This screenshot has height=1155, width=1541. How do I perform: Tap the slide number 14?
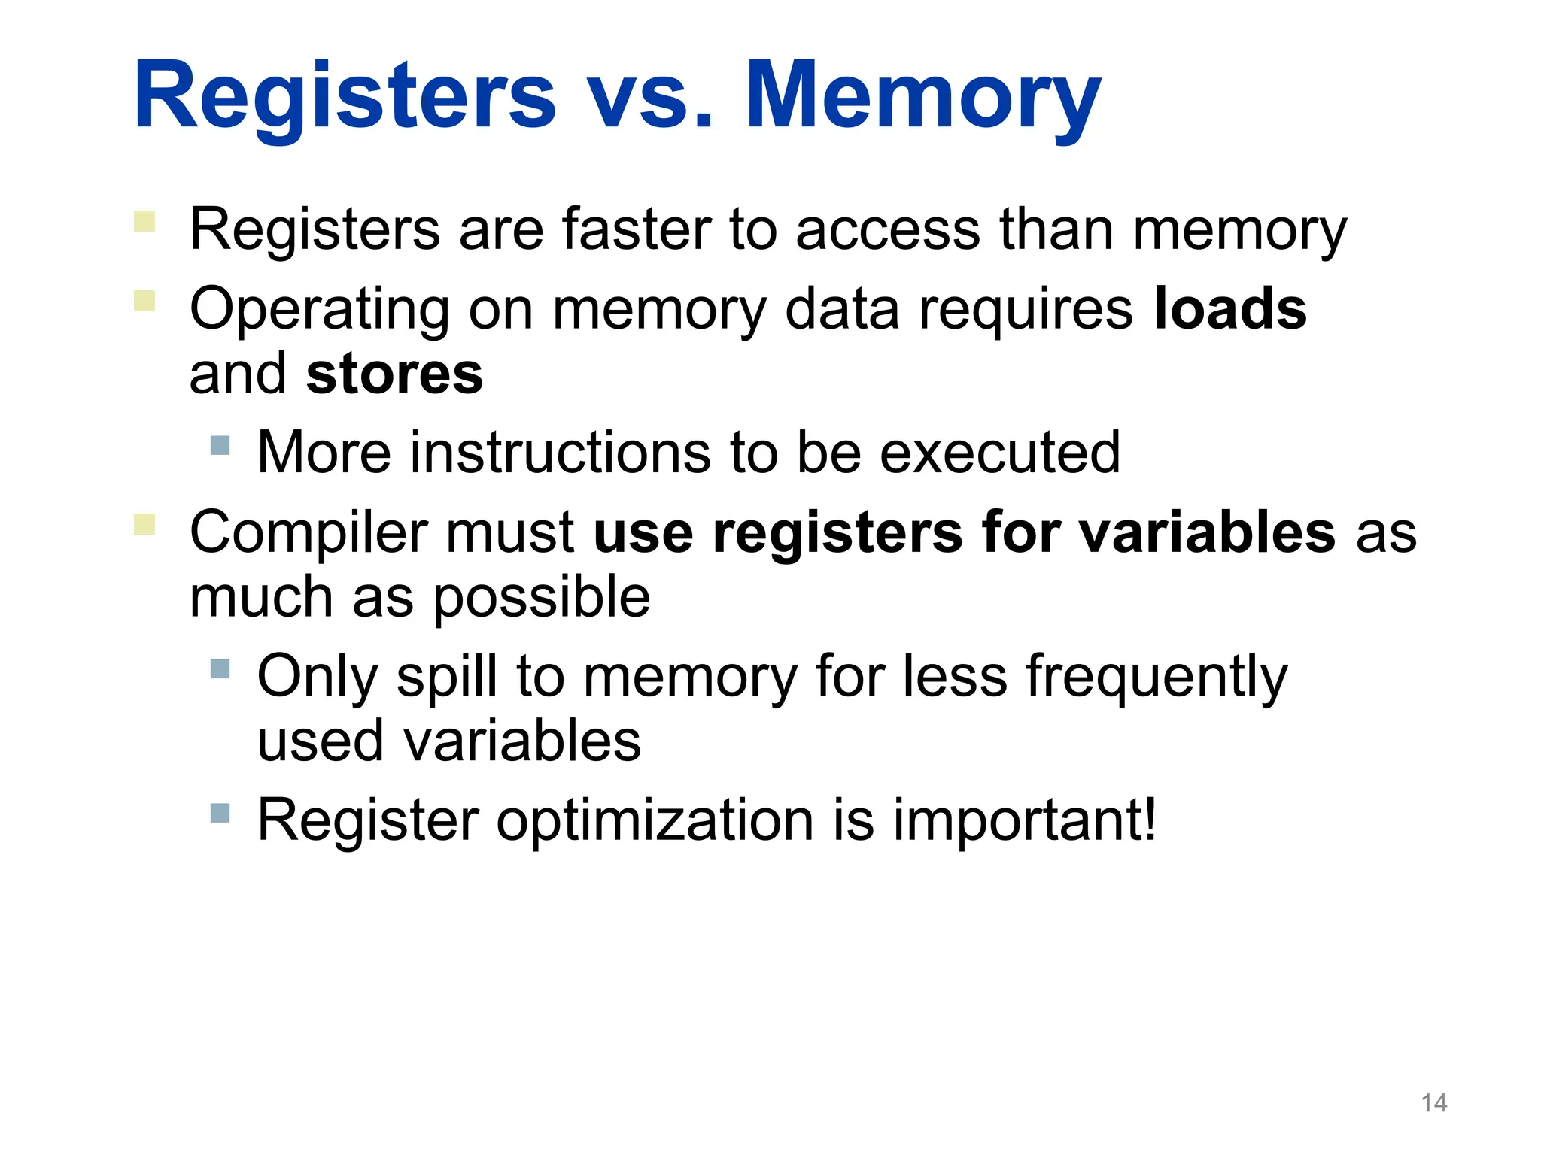click(x=1433, y=1103)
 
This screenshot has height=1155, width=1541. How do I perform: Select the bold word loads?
click(x=1230, y=308)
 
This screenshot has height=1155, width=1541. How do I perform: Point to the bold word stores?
click(x=394, y=374)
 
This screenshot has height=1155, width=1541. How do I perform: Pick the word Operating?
click(x=320, y=310)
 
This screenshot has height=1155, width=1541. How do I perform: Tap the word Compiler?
click(x=309, y=532)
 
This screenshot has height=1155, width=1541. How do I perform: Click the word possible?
click(x=542, y=598)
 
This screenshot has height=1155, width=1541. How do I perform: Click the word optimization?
click(x=655, y=820)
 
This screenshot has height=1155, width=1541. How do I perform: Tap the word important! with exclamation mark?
click(x=1025, y=820)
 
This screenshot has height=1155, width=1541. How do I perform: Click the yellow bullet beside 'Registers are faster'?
click(x=144, y=221)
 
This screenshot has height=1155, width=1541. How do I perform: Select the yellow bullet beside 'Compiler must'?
click(x=144, y=524)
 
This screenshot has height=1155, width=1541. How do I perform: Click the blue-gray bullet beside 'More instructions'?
click(x=220, y=445)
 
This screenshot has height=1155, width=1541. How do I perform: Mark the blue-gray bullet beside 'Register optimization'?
click(x=220, y=813)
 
